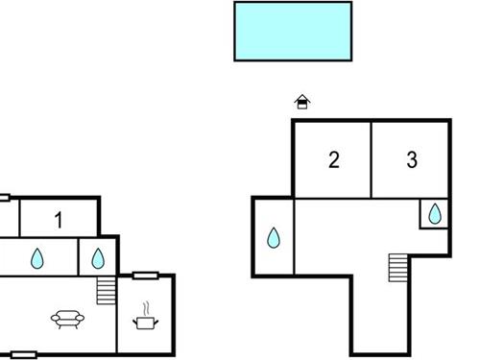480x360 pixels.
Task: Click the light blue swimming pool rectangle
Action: (293, 31)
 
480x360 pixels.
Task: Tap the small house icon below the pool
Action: (302, 101)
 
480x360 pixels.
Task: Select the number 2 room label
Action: (333, 160)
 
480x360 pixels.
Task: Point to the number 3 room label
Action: (412, 160)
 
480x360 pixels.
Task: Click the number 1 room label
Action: (59, 221)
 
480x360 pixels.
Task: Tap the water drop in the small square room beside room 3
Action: (435, 214)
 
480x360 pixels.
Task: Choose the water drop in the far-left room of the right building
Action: (274, 237)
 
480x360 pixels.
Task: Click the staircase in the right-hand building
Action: (398, 268)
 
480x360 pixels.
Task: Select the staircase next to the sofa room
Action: (106, 290)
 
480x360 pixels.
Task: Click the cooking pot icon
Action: (145, 324)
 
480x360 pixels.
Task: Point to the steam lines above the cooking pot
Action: (146, 309)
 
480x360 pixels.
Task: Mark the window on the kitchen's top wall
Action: (145, 276)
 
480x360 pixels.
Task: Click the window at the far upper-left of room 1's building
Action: (4, 199)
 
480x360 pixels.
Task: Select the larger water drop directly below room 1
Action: (38, 257)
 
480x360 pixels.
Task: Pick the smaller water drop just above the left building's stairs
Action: (97, 257)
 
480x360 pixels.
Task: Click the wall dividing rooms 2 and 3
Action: (371, 159)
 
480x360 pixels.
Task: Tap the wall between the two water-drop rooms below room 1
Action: (79, 256)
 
